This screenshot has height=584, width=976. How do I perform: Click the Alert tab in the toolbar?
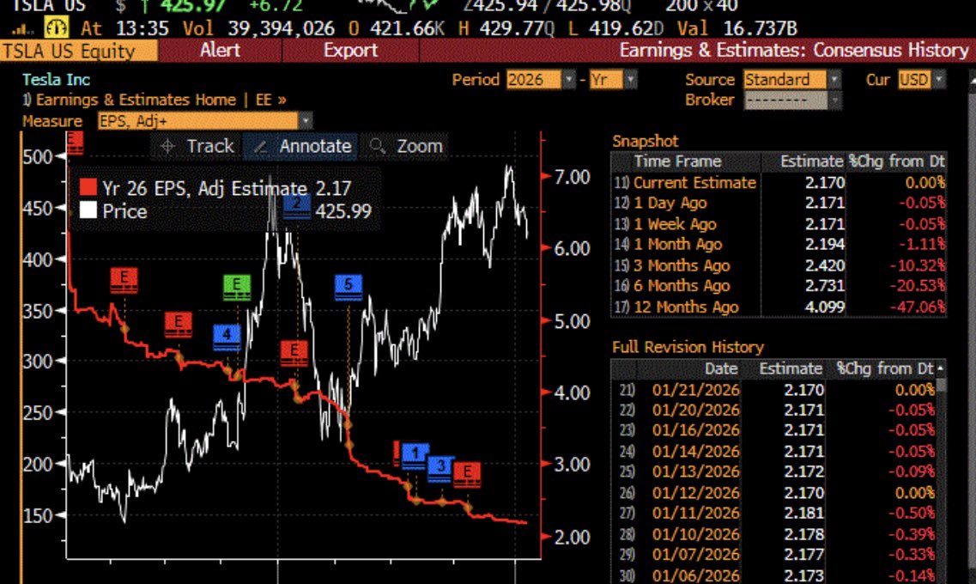(x=220, y=51)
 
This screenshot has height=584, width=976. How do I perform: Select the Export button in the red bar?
(x=350, y=51)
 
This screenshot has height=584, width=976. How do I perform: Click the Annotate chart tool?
(x=305, y=147)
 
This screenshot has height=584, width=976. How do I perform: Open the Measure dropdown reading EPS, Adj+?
(x=205, y=121)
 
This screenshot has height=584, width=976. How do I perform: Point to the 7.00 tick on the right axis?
(x=573, y=177)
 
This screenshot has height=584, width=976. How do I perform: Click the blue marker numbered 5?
(x=348, y=286)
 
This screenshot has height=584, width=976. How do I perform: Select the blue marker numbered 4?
(x=227, y=336)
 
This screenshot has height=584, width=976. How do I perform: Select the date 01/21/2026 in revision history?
(x=695, y=389)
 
